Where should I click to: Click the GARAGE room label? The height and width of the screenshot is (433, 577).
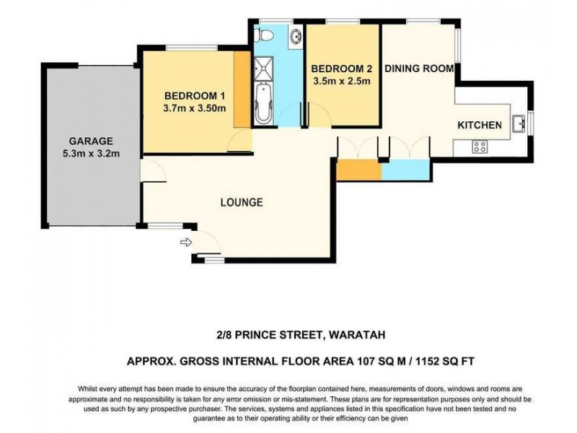click(x=91, y=141)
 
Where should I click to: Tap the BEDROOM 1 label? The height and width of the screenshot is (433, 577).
click(x=195, y=96)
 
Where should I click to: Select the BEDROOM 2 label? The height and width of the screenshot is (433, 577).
click(x=342, y=69)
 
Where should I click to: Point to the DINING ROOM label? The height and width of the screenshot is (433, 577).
click(x=418, y=69)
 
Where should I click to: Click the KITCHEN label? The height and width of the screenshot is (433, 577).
click(x=480, y=126)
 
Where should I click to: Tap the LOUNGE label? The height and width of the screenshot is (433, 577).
click(x=241, y=202)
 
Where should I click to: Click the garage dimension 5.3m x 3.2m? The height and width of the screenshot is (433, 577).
click(x=91, y=153)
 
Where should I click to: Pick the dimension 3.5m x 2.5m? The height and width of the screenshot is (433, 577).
click(x=342, y=81)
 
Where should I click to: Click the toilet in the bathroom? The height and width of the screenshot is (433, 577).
click(x=264, y=33)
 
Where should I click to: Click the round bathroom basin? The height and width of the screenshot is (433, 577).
click(x=296, y=36)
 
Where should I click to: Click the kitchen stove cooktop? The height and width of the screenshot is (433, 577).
click(x=480, y=146)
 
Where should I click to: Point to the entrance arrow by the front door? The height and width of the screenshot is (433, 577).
click(x=185, y=242)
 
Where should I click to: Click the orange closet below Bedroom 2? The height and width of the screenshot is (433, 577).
click(x=358, y=170)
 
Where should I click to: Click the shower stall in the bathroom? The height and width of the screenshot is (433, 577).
click(x=263, y=65)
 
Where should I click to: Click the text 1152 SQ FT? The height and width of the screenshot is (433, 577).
click(x=439, y=359)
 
